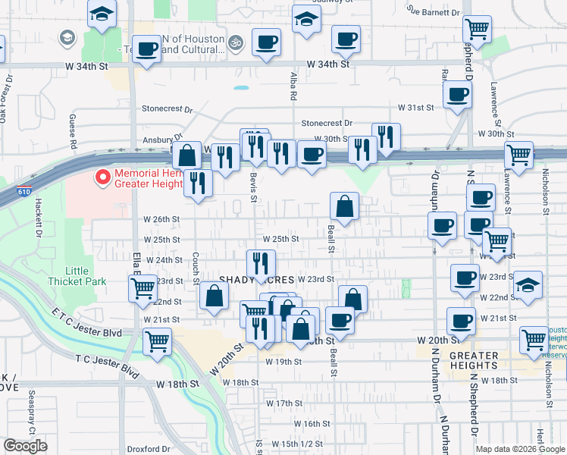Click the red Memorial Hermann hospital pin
pyautogui.click(x=102, y=177)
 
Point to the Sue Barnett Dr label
pyautogui.click(x=434, y=12)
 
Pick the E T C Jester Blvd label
pyautogui.click(x=86, y=322)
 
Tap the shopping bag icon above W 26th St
pyautogui.click(x=344, y=206)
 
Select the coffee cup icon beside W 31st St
pyautogui.click(x=457, y=96)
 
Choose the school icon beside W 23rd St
pyautogui.click(x=528, y=285)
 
